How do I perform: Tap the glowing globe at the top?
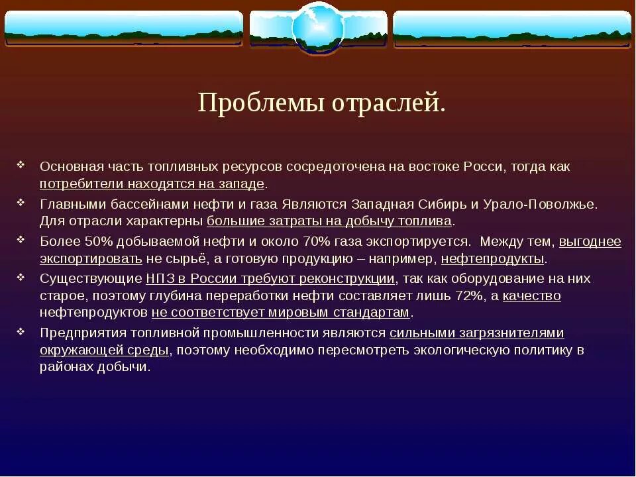(318, 28)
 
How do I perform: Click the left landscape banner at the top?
(124, 28)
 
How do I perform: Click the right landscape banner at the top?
(511, 28)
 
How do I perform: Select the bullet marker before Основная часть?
(21, 165)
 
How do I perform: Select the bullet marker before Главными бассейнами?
(21, 201)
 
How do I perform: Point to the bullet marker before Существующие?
(21, 276)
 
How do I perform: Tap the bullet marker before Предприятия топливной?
(21, 331)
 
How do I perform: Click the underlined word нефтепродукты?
(493, 258)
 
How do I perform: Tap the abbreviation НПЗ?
(159, 278)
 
